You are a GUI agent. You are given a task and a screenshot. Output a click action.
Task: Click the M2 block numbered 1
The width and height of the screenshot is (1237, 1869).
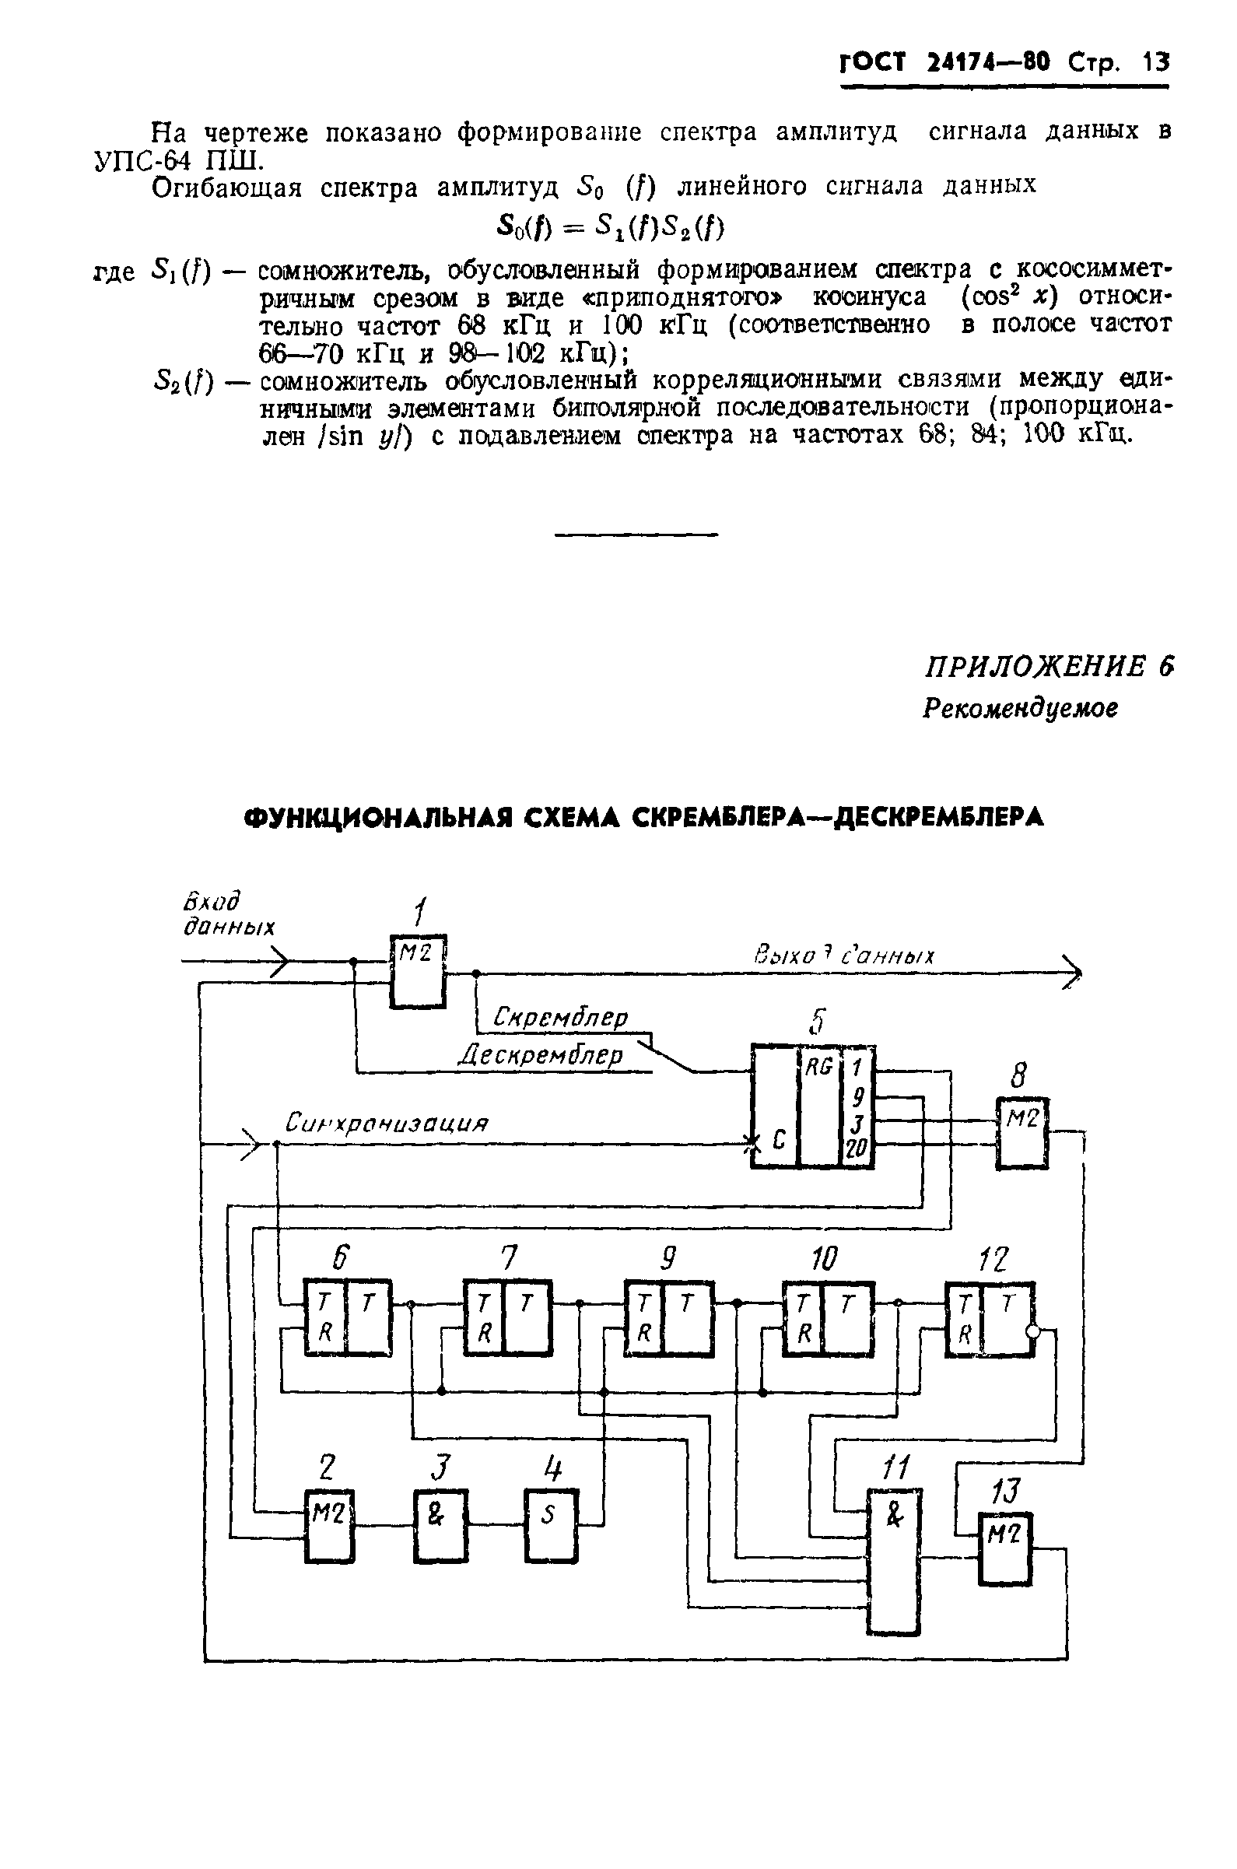tap(418, 971)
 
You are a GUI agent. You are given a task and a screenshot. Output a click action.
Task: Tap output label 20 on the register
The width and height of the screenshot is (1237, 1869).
tap(857, 1152)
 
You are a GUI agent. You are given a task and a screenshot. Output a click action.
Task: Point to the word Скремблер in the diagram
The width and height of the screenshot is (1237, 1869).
tap(560, 1018)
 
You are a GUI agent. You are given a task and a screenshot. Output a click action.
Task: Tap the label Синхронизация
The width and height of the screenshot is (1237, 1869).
tap(387, 1122)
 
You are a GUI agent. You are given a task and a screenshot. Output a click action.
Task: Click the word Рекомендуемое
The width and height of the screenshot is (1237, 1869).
tap(1020, 709)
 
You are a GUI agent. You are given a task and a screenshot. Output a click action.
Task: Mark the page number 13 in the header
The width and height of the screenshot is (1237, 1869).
tap(1155, 62)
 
